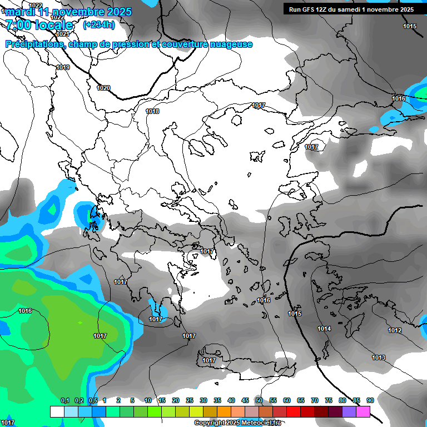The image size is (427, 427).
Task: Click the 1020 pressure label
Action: point(103,88)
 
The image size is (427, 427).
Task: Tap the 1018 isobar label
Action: point(152,111)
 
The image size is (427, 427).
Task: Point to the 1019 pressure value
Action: point(63,67)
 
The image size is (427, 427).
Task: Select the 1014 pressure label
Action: point(324,329)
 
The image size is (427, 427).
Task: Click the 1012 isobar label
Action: point(395,330)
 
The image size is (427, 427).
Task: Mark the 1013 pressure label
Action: point(379,358)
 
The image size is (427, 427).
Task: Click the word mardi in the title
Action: point(19,12)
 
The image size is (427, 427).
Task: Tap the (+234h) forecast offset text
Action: point(99,24)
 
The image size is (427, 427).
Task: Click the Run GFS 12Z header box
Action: point(351,9)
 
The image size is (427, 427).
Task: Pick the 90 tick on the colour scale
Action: point(370,400)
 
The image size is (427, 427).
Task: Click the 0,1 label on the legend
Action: point(64,400)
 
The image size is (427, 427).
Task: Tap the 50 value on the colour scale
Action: point(259,400)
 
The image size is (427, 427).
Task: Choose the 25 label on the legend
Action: point(190,400)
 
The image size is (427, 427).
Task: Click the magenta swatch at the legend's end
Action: point(363,411)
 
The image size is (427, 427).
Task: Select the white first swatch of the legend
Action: point(57,411)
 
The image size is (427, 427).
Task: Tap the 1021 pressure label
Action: point(63,34)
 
